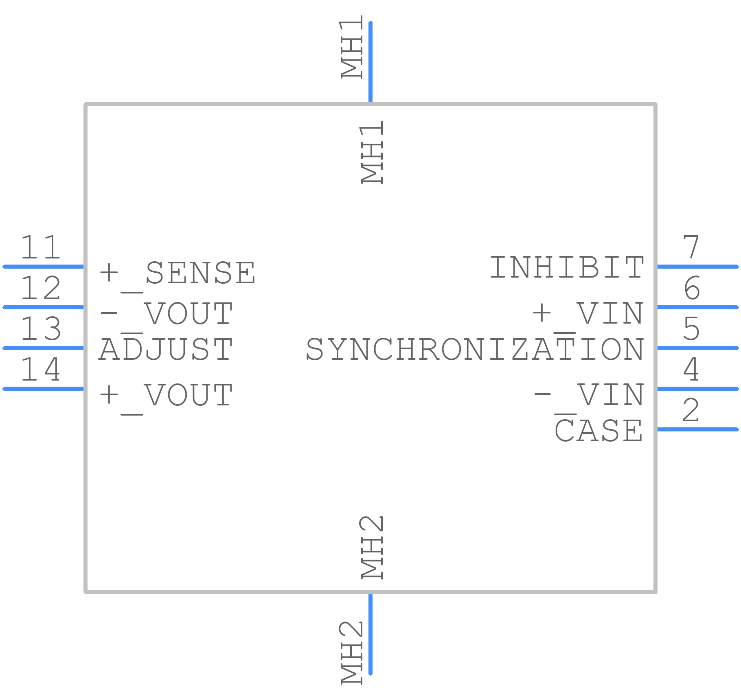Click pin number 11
coord(41,247)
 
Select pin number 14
coord(41,369)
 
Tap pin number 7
coord(691,247)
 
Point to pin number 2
coord(691,410)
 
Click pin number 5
coord(691,328)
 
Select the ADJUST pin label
coord(166,350)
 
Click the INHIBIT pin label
coord(567,267)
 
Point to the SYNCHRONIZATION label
coord(475,350)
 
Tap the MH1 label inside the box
coord(372,152)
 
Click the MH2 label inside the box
coord(372,547)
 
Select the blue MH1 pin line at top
coord(370,62)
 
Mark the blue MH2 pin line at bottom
coord(370,634)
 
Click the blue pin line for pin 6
coord(698,307)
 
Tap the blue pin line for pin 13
coord(43,348)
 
